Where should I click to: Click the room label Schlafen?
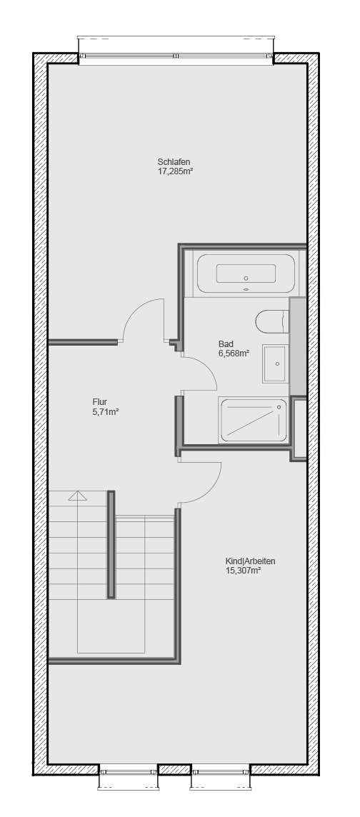pyautogui.click(x=174, y=161)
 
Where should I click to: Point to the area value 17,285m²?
pyautogui.click(x=176, y=171)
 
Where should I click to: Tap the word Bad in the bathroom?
pyautogui.click(x=226, y=344)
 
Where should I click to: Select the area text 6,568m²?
pyautogui.click(x=234, y=354)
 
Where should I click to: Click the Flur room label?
pyautogui.click(x=100, y=401)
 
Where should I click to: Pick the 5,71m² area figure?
pyautogui.click(x=105, y=411)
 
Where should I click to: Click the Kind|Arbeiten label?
pyautogui.click(x=250, y=561)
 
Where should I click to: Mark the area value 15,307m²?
pyautogui.click(x=243, y=571)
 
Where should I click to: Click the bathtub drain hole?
pyautogui.click(x=246, y=278)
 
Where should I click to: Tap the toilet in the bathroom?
pyautogui.click(x=271, y=321)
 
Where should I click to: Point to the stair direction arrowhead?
pyautogui.click(x=77, y=495)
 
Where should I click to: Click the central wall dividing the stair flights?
pyautogui.click(x=111, y=544)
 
